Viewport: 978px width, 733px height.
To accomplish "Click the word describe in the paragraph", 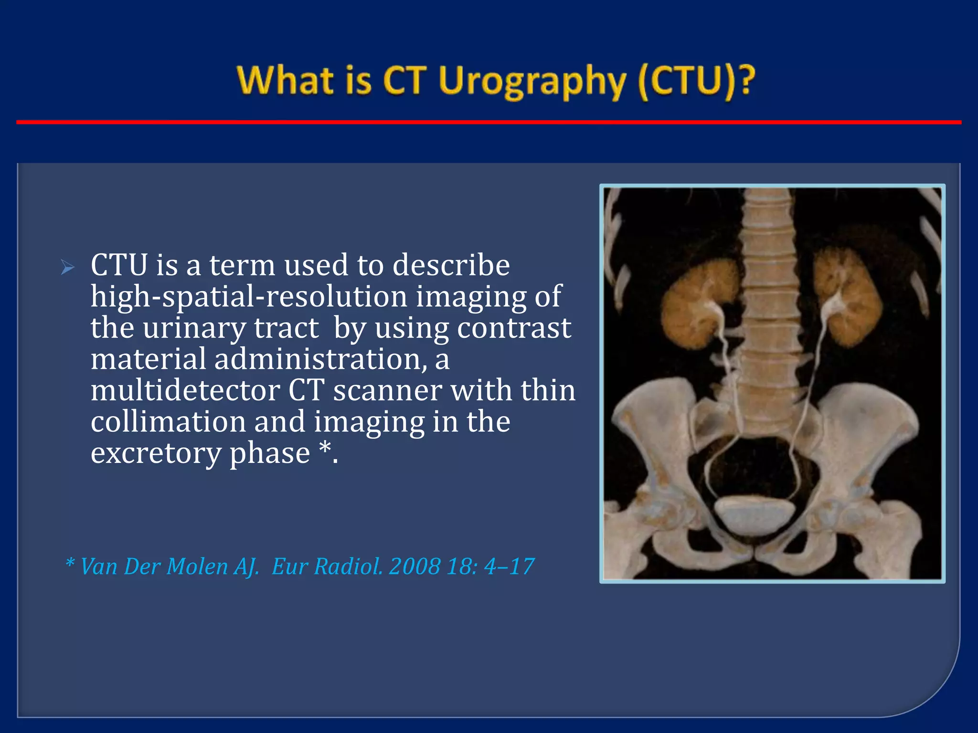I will point(451,265).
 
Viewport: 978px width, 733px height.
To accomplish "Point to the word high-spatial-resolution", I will point(248,297).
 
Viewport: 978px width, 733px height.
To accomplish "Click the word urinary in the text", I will point(194,328).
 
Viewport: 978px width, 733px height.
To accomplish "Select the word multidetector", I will point(184,391).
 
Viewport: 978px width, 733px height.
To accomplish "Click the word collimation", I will point(168,422).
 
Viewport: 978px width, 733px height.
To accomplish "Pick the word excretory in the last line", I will point(156,453).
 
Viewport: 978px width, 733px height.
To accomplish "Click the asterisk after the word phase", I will point(325,449).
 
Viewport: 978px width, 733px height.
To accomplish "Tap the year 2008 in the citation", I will point(414,567).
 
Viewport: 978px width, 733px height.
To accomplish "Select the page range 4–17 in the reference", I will point(509,567).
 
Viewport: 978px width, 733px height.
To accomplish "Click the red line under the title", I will point(489,123).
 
